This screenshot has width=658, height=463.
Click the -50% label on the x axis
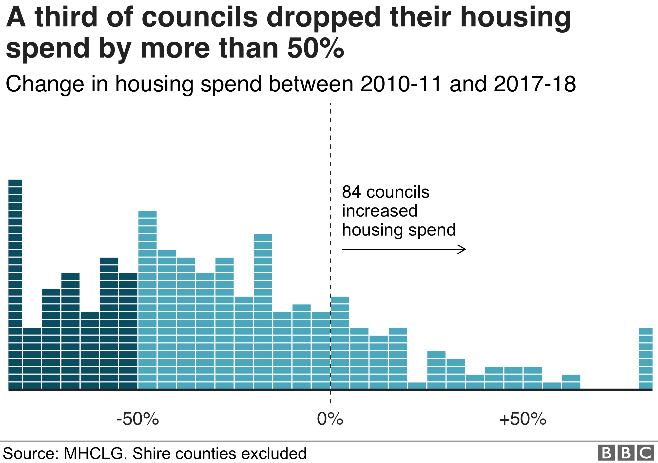tap(137, 419)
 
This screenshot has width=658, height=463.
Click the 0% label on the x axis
tap(330, 419)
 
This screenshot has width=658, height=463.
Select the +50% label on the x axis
tap(523, 419)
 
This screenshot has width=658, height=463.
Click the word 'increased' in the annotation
tap(380, 211)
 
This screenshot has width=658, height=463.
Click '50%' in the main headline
tap(315, 48)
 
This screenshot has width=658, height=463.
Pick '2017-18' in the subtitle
tap(535, 84)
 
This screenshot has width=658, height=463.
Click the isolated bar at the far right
tap(646, 358)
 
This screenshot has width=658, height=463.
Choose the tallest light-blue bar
tap(148, 300)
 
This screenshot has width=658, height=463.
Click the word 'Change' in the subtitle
tap(45, 84)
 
